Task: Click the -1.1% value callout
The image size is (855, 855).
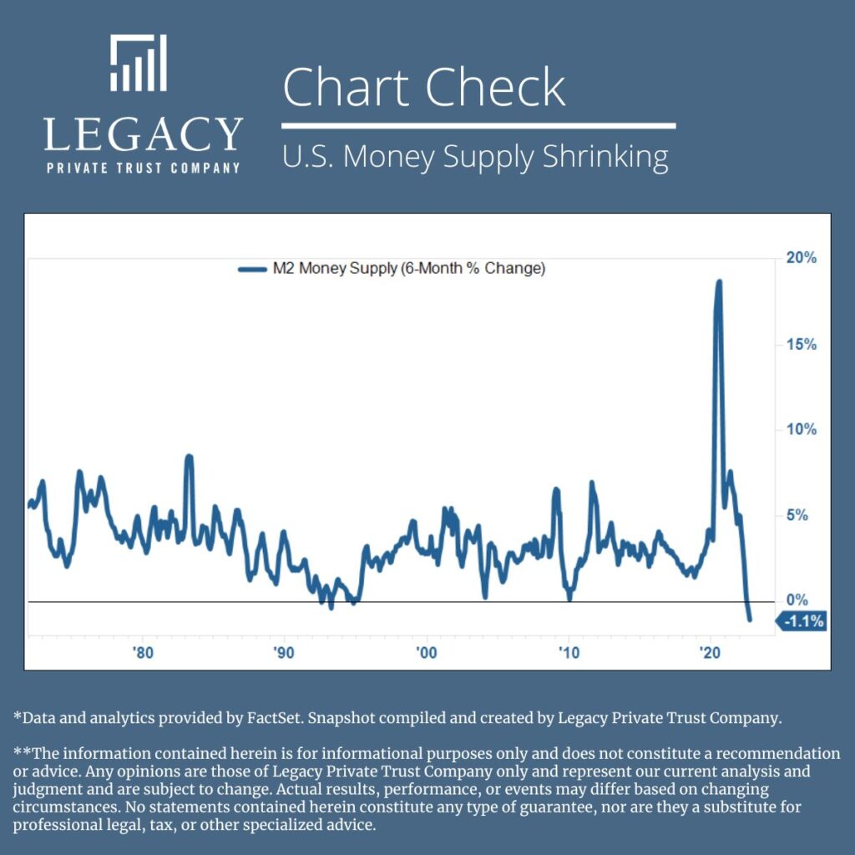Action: point(803,621)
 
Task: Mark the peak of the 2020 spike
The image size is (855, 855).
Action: point(718,282)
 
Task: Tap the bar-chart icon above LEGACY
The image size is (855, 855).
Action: point(139,63)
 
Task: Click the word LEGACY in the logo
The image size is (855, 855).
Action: point(143,134)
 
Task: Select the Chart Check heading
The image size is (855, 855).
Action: point(424,88)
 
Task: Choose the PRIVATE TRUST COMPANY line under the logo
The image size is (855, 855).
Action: point(143,167)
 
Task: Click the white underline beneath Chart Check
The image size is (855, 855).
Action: point(478,126)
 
